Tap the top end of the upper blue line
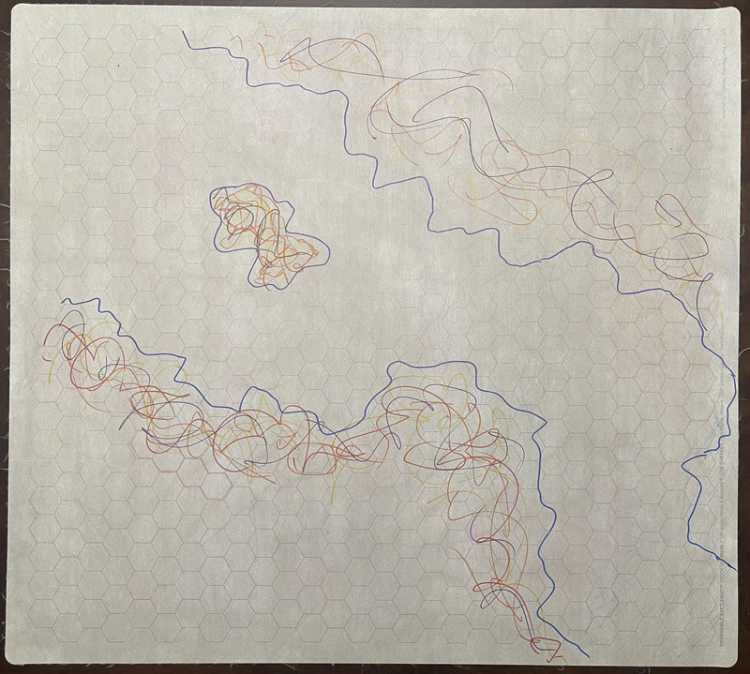click(183, 32)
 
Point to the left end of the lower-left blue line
click(63, 302)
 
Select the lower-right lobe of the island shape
click(300, 258)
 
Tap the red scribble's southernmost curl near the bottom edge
click(542, 647)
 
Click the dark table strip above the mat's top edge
click(375, 4)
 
